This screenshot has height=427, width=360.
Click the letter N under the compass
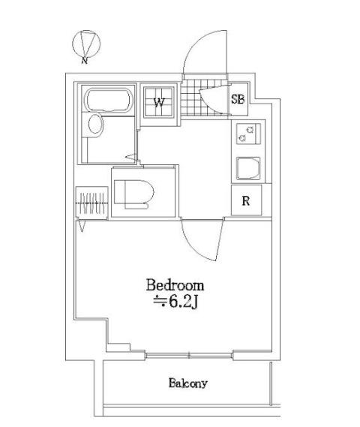[x=85, y=61]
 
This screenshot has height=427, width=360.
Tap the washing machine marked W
[x=160, y=102]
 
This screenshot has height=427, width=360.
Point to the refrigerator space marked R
[x=245, y=200]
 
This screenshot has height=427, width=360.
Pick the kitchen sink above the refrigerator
[x=247, y=168]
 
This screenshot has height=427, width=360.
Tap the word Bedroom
[x=175, y=286]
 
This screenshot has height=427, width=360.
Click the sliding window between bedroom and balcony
[x=189, y=353]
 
